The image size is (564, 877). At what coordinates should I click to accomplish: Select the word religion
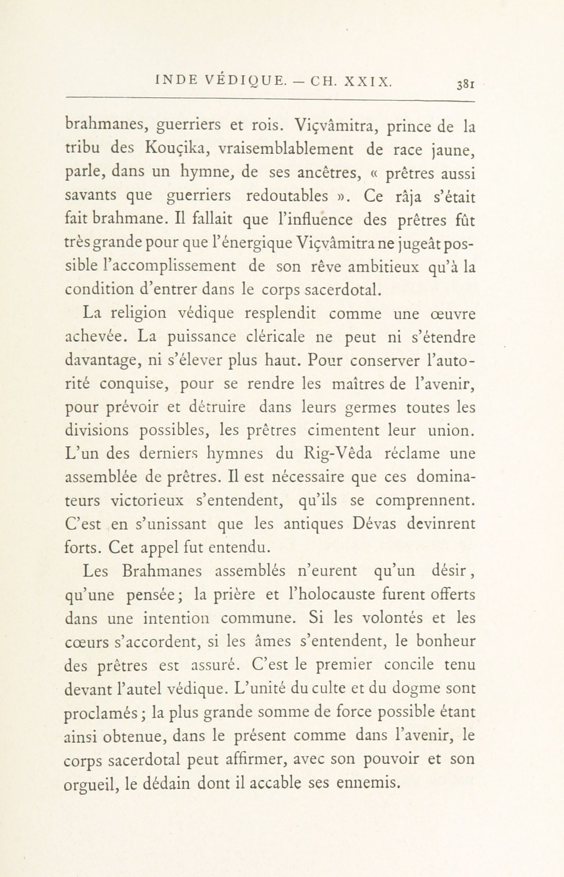[x=133, y=314]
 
